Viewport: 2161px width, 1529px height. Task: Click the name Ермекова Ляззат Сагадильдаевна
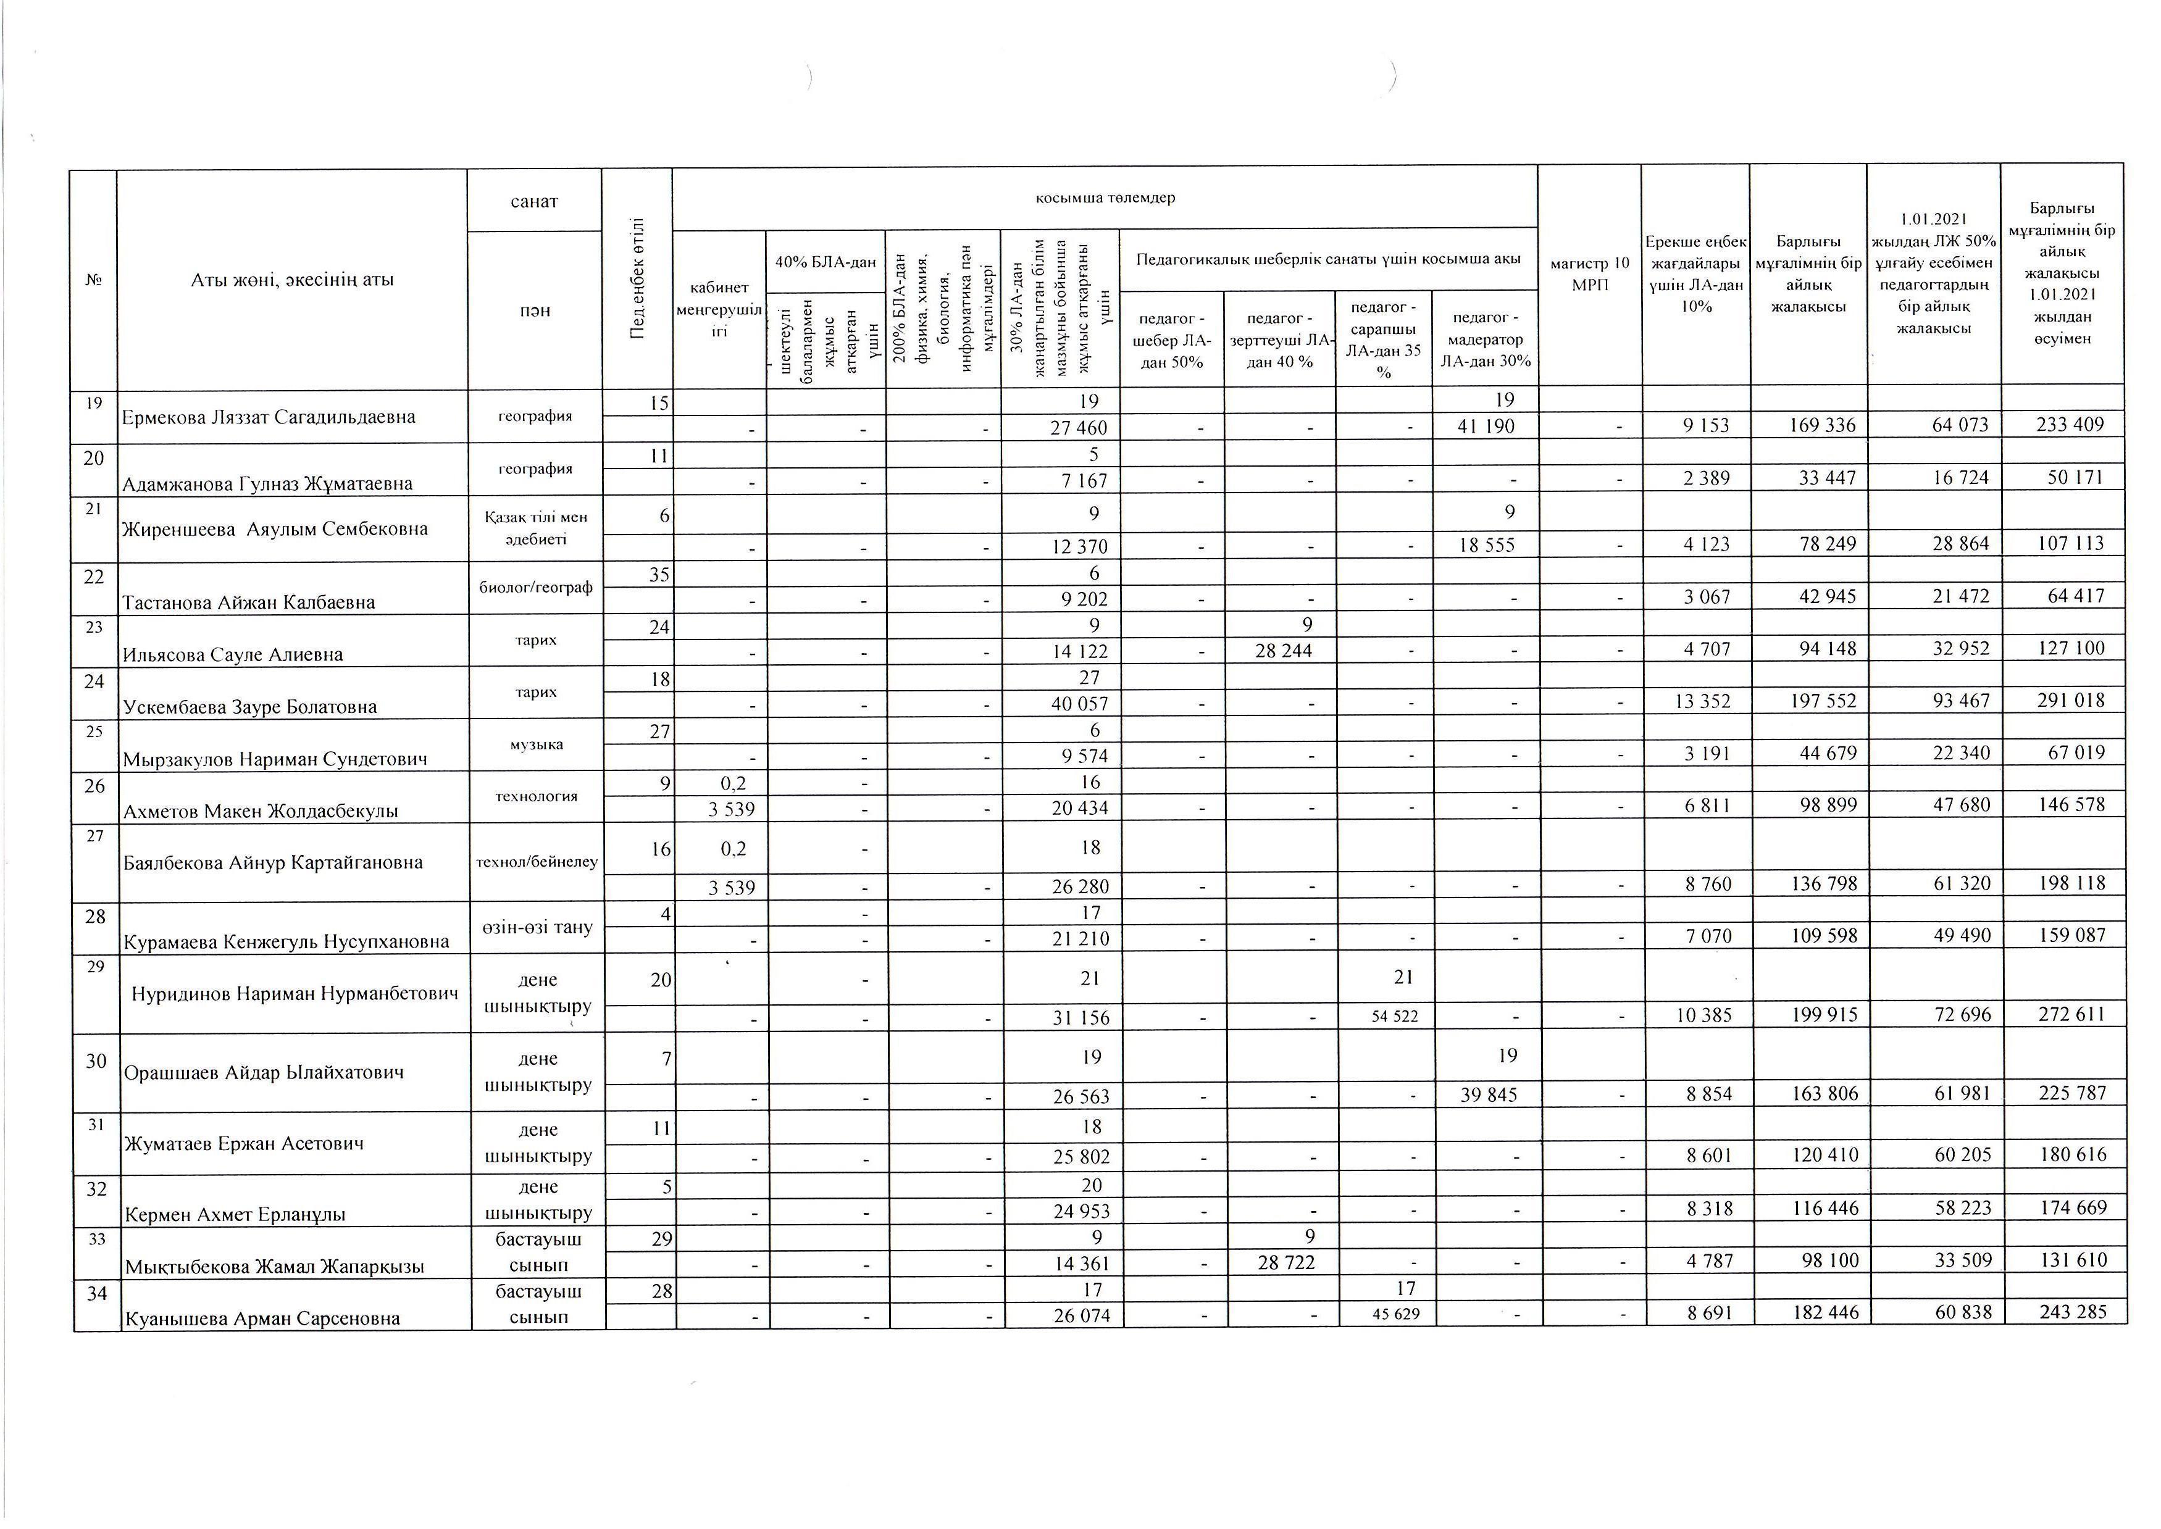tap(269, 417)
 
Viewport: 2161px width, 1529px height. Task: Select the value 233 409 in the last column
tap(2069, 425)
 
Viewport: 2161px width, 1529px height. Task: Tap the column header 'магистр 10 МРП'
tap(1589, 274)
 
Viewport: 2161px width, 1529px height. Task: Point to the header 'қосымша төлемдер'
tap(1105, 198)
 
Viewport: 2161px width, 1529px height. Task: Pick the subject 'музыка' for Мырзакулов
tap(536, 744)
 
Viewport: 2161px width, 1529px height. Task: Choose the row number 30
tap(96, 1061)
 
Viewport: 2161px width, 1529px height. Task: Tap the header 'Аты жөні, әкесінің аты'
tap(292, 280)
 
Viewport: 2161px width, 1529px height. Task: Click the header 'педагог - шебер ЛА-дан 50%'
tap(1171, 340)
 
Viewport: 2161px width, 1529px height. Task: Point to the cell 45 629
tap(1395, 1314)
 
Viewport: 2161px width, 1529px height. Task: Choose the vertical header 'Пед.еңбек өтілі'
tap(637, 278)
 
